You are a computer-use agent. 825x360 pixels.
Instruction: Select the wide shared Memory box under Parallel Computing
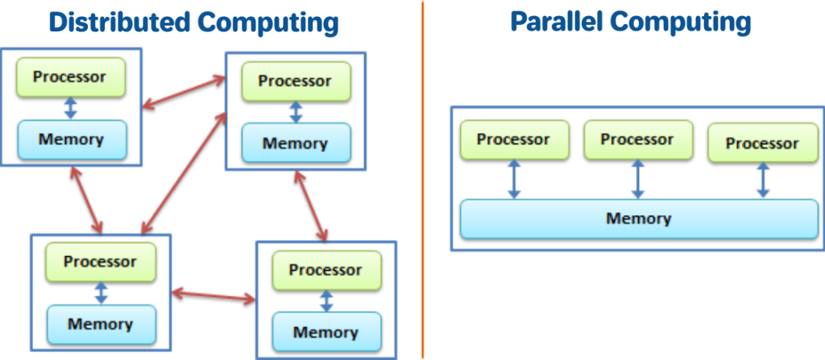pos(639,219)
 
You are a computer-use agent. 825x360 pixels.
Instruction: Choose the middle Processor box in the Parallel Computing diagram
pos(637,140)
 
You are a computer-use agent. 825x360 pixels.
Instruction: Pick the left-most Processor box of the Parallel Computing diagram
pos(514,140)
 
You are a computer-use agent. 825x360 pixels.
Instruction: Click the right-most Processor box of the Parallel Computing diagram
pos(761,144)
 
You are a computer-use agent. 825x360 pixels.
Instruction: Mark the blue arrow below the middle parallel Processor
pos(638,180)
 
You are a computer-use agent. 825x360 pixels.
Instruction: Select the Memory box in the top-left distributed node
pos(72,139)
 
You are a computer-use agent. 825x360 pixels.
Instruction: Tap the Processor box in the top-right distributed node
pos(295,82)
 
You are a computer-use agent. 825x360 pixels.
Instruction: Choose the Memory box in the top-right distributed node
pos(296,144)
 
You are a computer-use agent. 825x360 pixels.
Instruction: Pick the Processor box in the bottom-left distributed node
pos(101,262)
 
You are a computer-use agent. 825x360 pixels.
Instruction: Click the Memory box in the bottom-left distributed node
pos(101,325)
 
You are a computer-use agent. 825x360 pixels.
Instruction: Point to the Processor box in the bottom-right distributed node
pos(325,270)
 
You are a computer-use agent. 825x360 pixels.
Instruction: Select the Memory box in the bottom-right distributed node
pos(325,332)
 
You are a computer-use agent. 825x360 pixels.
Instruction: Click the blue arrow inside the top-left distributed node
pos(71,109)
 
